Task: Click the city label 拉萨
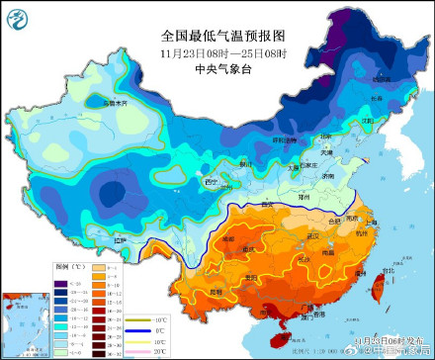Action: (119, 239)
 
